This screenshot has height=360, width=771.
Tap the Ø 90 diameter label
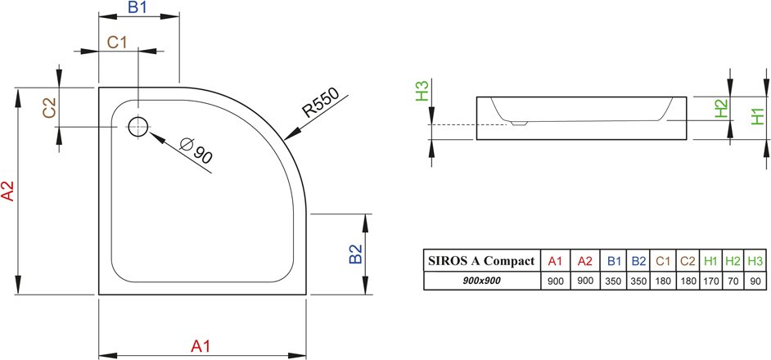click(x=196, y=150)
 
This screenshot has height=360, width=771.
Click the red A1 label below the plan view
click(x=201, y=346)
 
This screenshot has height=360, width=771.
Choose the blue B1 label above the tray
click(x=138, y=7)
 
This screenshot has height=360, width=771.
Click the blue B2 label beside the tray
click(x=355, y=254)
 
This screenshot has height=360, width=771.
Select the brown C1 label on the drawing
click(x=118, y=43)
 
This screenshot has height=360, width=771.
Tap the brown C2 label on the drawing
click(x=50, y=108)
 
